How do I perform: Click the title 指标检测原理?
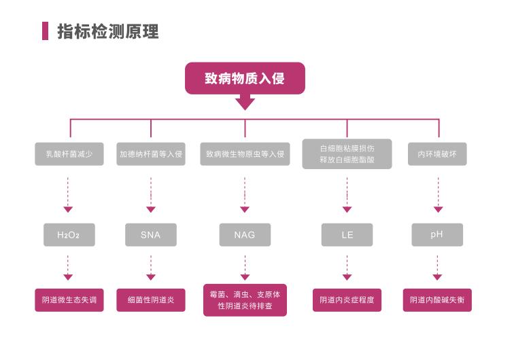click(x=108, y=32)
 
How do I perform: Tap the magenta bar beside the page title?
click(x=45, y=31)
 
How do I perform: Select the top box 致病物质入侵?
click(x=245, y=78)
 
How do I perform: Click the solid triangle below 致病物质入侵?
click(x=245, y=103)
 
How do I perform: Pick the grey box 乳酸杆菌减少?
click(x=69, y=154)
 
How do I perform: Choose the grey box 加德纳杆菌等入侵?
click(x=151, y=154)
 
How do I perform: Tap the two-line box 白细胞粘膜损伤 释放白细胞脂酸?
click(x=347, y=154)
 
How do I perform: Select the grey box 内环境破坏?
click(x=437, y=154)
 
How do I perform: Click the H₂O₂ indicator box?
click(x=69, y=235)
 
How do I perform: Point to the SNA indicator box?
click(x=151, y=235)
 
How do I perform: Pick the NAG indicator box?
click(x=245, y=235)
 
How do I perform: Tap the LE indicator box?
click(x=347, y=235)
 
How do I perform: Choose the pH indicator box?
click(x=437, y=234)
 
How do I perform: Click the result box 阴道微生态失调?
click(x=69, y=300)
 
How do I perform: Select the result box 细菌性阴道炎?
click(x=151, y=300)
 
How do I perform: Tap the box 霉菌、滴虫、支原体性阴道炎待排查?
click(x=245, y=300)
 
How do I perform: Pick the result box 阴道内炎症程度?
click(x=347, y=300)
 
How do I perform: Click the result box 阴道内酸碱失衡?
click(x=437, y=300)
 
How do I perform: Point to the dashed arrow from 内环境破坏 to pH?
click(x=438, y=195)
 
